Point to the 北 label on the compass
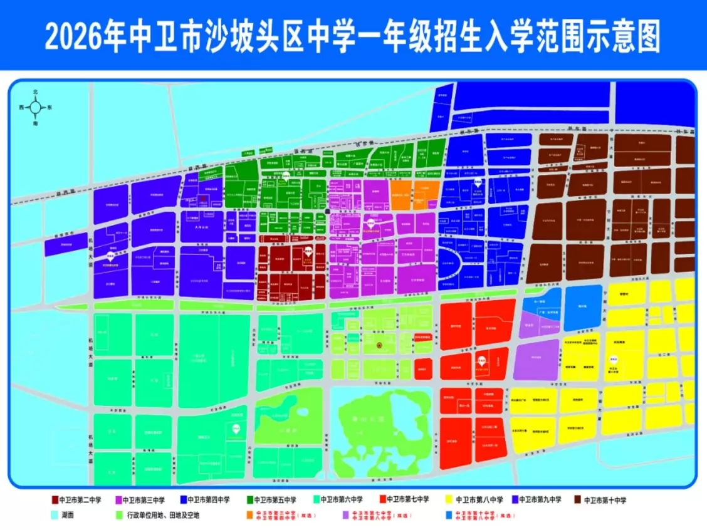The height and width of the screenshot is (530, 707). pos(36,92)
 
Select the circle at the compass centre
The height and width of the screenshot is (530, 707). pos(36,108)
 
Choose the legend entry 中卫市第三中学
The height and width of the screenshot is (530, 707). pos(144,500)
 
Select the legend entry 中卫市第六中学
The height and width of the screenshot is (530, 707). pos(342,500)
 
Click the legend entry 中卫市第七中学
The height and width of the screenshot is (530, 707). pos(407,500)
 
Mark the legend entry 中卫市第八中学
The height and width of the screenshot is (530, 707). pos(477,500)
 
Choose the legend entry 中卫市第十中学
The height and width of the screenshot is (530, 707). pos(605,500)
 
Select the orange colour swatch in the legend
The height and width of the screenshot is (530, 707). pos(249,515)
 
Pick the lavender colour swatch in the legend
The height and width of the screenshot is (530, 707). pos(344,515)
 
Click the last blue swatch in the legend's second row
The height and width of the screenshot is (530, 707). pos(448,515)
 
